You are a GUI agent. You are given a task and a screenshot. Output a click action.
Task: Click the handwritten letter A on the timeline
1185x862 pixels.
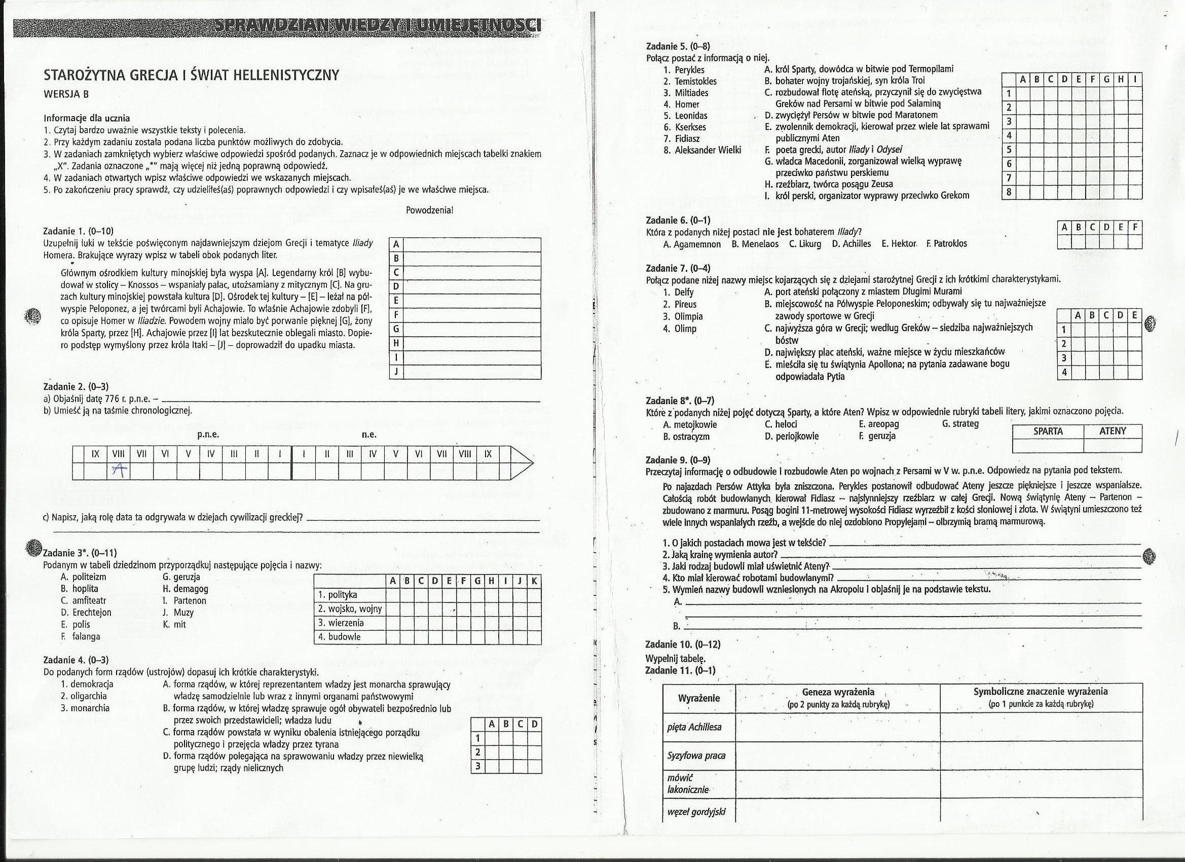point(120,471)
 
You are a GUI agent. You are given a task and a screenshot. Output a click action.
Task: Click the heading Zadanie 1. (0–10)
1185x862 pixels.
point(79,231)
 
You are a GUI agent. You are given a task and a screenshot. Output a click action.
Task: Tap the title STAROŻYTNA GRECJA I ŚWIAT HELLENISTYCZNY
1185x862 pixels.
point(191,75)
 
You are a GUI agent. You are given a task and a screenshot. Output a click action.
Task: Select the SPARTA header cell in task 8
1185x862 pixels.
point(1048,432)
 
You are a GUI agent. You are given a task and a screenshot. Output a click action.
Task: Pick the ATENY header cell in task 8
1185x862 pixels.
point(1113,432)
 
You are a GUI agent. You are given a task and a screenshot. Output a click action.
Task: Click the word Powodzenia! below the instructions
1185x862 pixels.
point(429,210)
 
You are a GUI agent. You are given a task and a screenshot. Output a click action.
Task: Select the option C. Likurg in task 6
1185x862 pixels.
point(805,243)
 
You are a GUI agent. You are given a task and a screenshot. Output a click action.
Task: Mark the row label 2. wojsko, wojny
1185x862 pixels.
point(350,608)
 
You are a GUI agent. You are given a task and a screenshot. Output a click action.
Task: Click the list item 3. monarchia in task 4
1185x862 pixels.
point(85,708)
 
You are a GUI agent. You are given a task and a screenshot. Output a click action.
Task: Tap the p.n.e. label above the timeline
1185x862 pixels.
point(208,435)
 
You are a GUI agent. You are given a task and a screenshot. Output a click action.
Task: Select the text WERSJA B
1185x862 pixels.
point(66,94)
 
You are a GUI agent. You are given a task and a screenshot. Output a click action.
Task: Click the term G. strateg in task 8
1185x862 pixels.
point(960,423)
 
